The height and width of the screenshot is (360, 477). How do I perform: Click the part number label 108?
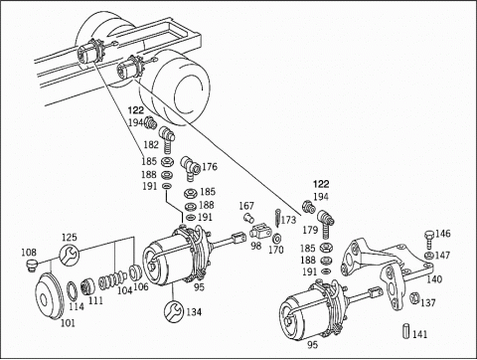pos(29,253)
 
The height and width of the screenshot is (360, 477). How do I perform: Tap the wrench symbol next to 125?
pos(68,258)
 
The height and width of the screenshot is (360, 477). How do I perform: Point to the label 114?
pos(77,306)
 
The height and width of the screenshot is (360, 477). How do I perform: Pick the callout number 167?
pos(246,208)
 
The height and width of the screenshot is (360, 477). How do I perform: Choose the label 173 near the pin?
pos(288,219)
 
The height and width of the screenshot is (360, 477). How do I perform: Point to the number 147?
pos(442,256)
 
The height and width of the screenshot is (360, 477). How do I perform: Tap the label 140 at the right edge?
pos(434,279)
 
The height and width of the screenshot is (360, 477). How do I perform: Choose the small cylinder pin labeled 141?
pos(406,333)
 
